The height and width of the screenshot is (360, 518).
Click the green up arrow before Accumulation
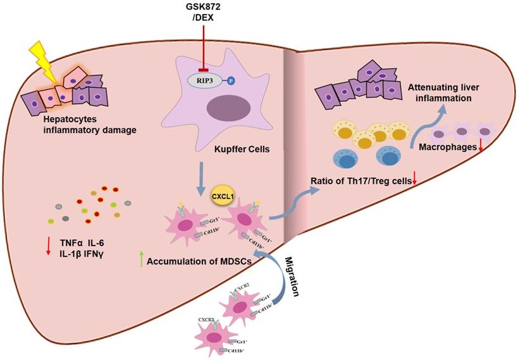(140, 259)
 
